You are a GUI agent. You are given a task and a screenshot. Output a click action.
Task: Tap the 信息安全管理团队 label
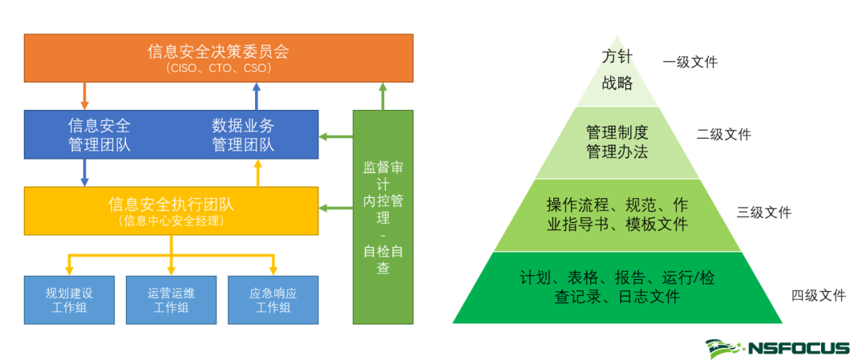pyautogui.click(x=99, y=135)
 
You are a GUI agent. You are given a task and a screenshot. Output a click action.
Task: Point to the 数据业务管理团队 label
pyautogui.click(x=243, y=135)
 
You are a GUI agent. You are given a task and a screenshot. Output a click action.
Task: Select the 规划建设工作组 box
pyautogui.click(x=69, y=300)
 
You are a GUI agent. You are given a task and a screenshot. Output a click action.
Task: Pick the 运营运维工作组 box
pyautogui.click(x=171, y=300)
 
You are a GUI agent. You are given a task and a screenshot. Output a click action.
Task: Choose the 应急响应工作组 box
pyautogui.click(x=273, y=300)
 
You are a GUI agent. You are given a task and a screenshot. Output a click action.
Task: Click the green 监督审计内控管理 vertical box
pyautogui.click(x=383, y=216)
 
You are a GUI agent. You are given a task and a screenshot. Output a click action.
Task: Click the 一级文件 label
pyautogui.click(x=690, y=62)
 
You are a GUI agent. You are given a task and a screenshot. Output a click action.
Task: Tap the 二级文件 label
pyautogui.click(x=724, y=135)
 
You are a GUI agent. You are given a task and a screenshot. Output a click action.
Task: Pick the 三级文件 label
pyautogui.click(x=763, y=212)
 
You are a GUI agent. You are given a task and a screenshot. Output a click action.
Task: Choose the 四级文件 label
pyautogui.click(x=819, y=295)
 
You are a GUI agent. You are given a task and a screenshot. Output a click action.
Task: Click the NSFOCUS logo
pyautogui.click(x=777, y=347)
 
